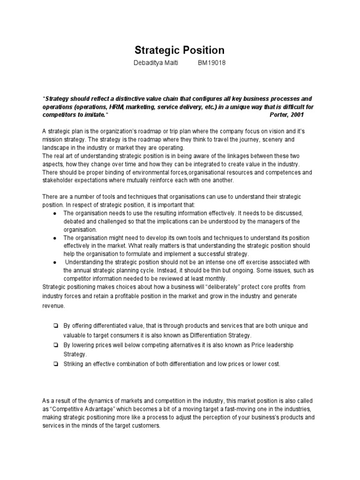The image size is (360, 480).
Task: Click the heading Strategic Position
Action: coord(180,50)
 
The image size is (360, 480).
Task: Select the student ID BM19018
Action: coord(212,63)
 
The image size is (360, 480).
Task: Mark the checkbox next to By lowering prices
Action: coord(55,345)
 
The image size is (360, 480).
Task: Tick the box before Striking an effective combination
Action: coord(55,364)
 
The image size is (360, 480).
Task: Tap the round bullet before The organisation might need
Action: coord(55,238)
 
